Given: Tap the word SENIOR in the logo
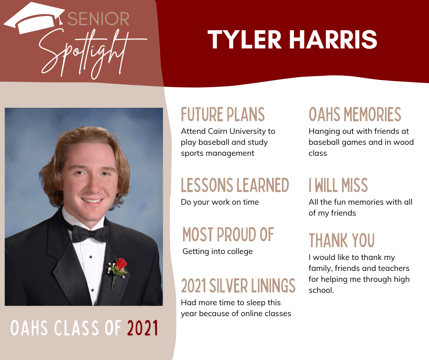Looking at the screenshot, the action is (x=98, y=19).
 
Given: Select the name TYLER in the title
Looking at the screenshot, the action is (x=244, y=39).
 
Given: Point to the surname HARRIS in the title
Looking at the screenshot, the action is (x=333, y=39).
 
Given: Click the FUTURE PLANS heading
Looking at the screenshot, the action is (x=223, y=114).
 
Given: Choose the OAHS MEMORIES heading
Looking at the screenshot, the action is (x=355, y=114).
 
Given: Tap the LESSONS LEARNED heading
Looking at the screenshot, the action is (x=235, y=185).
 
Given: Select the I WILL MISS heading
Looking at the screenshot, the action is (x=338, y=185).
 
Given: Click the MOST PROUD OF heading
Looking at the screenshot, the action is (x=228, y=234).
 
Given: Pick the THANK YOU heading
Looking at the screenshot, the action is (x=342, y=240).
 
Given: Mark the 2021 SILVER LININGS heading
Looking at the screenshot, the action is (x=238, y=286).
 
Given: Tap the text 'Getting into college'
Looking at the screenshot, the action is (x=218, y=252).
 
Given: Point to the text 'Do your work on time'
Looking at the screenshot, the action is (x=220, y=202).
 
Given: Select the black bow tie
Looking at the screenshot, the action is (x=90, y=234).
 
